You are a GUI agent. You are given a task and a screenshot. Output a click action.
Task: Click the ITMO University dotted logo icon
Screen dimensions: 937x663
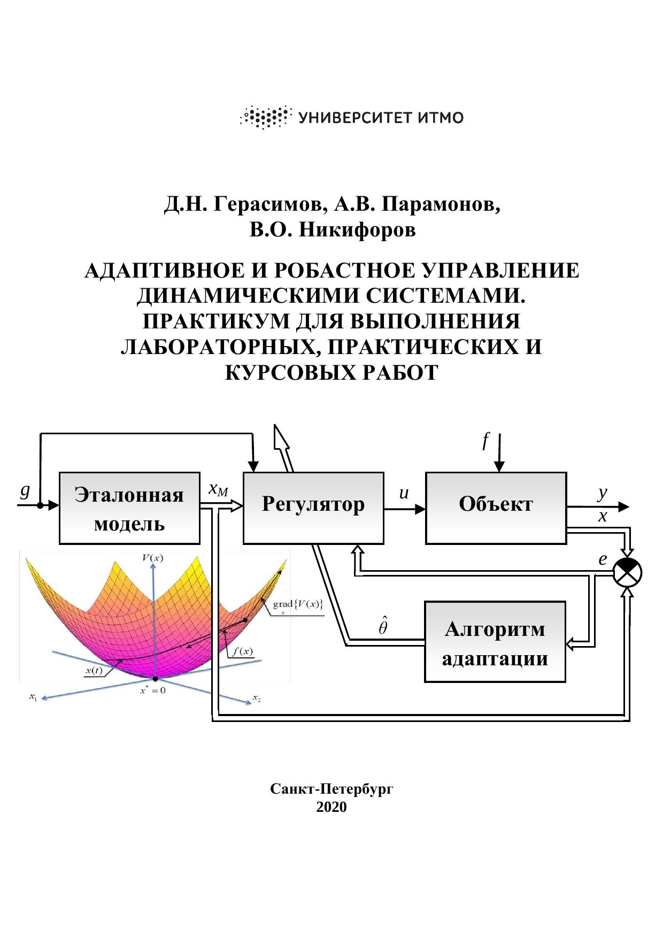[x=266, y=117]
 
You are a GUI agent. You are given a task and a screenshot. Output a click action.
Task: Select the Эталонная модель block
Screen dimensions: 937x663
[x=129, y=508]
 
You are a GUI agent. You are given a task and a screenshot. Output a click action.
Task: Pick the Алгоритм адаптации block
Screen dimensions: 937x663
[x=495, y=642]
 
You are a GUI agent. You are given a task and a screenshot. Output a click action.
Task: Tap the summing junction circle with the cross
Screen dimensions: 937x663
[x=628, y=573]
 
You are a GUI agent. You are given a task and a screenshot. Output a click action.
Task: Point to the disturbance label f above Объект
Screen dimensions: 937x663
[x=485, y=442]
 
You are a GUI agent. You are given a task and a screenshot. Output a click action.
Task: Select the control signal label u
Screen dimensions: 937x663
[x=404, y=493]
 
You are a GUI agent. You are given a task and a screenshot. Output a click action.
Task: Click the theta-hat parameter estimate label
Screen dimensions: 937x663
[x=383, y=626]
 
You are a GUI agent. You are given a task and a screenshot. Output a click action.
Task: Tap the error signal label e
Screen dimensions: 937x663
[x=603, y=560]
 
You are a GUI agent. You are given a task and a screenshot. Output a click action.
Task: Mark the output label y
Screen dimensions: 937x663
[x=603, y=493]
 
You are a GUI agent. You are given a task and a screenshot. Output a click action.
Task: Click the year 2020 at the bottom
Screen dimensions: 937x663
[x=331, y=807]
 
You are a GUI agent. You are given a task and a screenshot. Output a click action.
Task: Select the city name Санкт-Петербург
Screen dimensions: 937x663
[x=331, y=789]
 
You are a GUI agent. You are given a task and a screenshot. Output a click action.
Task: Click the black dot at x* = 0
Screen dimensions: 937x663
[x=155, y=678]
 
